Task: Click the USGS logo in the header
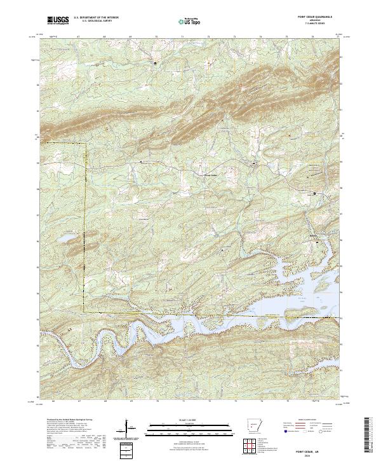click(58, 20)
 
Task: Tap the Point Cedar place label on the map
click(210, 175)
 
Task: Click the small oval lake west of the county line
click(65, 240)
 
